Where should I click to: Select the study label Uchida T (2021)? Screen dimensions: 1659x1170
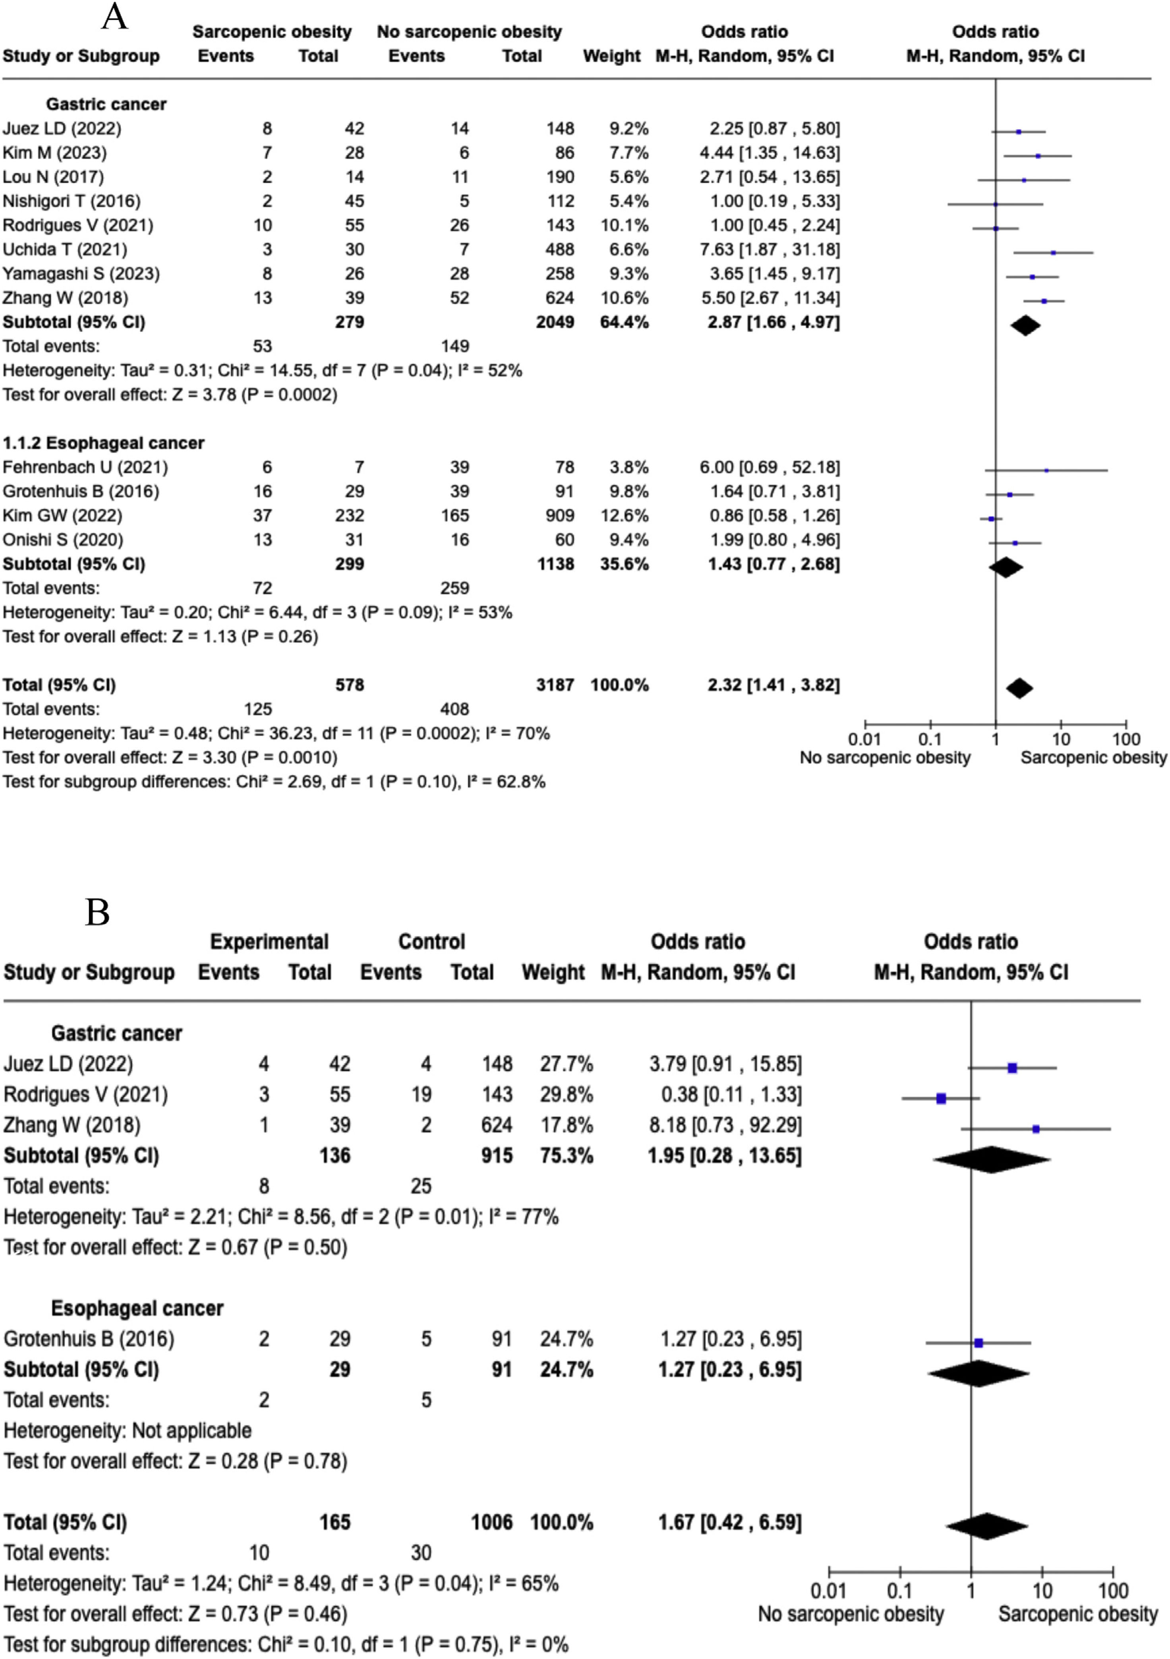point(65,249)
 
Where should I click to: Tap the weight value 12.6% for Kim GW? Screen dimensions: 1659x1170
point(625,515)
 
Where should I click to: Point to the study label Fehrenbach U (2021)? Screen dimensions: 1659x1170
point(85,467)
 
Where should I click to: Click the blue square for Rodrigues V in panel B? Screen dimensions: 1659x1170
point(941,1098)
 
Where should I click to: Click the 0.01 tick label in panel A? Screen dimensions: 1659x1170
point(864,739)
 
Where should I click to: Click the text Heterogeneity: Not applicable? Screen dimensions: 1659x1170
point(128,1430)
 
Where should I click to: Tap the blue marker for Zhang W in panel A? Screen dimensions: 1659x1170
point(1044,300)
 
